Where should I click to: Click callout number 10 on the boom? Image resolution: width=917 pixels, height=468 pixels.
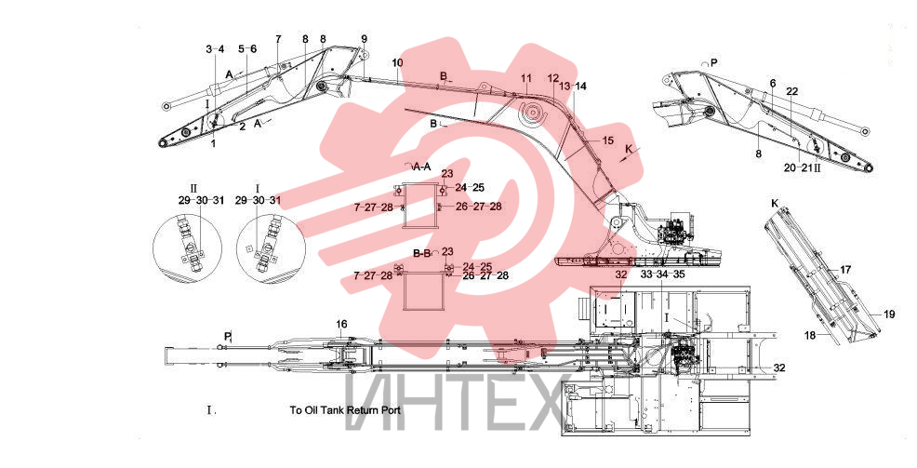tap(397, 62)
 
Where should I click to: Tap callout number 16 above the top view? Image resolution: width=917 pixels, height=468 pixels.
tap(341, 324)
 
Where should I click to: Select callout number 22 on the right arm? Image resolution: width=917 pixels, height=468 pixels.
tap(791, 92)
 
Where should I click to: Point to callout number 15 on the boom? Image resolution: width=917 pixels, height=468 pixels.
tap(608, 140)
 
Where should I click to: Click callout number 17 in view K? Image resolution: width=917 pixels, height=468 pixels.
tap(845, 270)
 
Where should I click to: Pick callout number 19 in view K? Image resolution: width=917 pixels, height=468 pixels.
tap(889, 314)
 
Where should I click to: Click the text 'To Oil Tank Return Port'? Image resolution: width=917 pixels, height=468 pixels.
tap(345, 410)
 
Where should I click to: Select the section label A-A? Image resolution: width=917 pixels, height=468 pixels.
tap(421, 167)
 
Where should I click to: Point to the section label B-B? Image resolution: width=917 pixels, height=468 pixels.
tap(421, 254)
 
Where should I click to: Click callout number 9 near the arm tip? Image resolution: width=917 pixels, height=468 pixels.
tap(364, 39)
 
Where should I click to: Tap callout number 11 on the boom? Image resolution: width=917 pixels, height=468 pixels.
tap(526, 78)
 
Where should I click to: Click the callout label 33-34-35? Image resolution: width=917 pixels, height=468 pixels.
tap(662, 274)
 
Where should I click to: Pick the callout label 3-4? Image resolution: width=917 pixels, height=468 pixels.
tap(215, 49)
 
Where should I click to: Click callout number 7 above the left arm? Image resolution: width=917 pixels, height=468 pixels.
tap(278, 39)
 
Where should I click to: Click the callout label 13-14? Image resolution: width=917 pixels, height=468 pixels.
tap(573, 86)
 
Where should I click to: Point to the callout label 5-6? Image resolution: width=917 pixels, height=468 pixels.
tap(247, 49)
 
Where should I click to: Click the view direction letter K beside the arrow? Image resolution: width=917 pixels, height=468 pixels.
tap(629, 150)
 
